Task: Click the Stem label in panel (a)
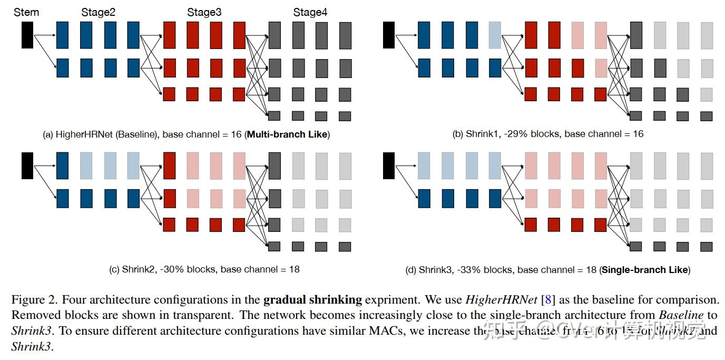click(x=26, y=12)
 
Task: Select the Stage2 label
click(x=98, y=12)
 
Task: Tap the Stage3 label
click(x=204, y=12)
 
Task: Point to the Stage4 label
click(x=310, y=12)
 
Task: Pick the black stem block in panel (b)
click(x=389, y=35)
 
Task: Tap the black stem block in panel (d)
click(x=389, y=166)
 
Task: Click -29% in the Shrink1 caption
click(x=515, y=134)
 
